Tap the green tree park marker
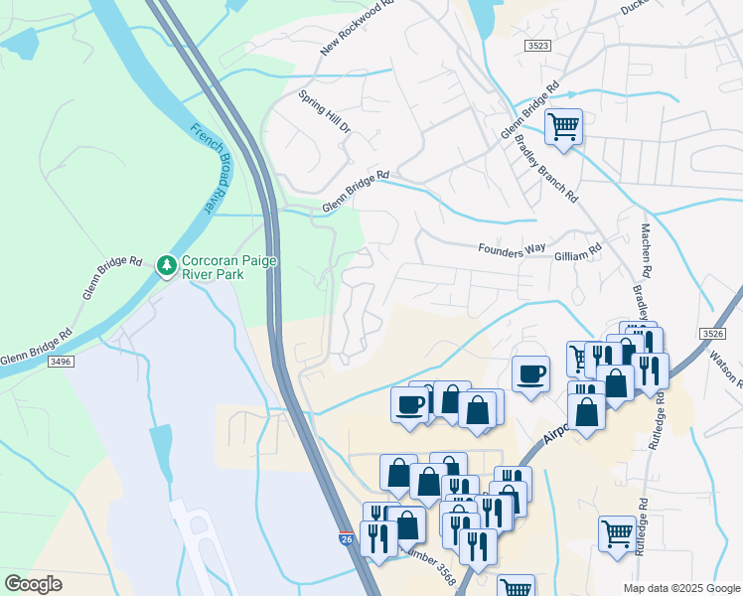tap(166, 265)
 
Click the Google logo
tap(34, 584)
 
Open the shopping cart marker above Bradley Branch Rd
tap(563, 125)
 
